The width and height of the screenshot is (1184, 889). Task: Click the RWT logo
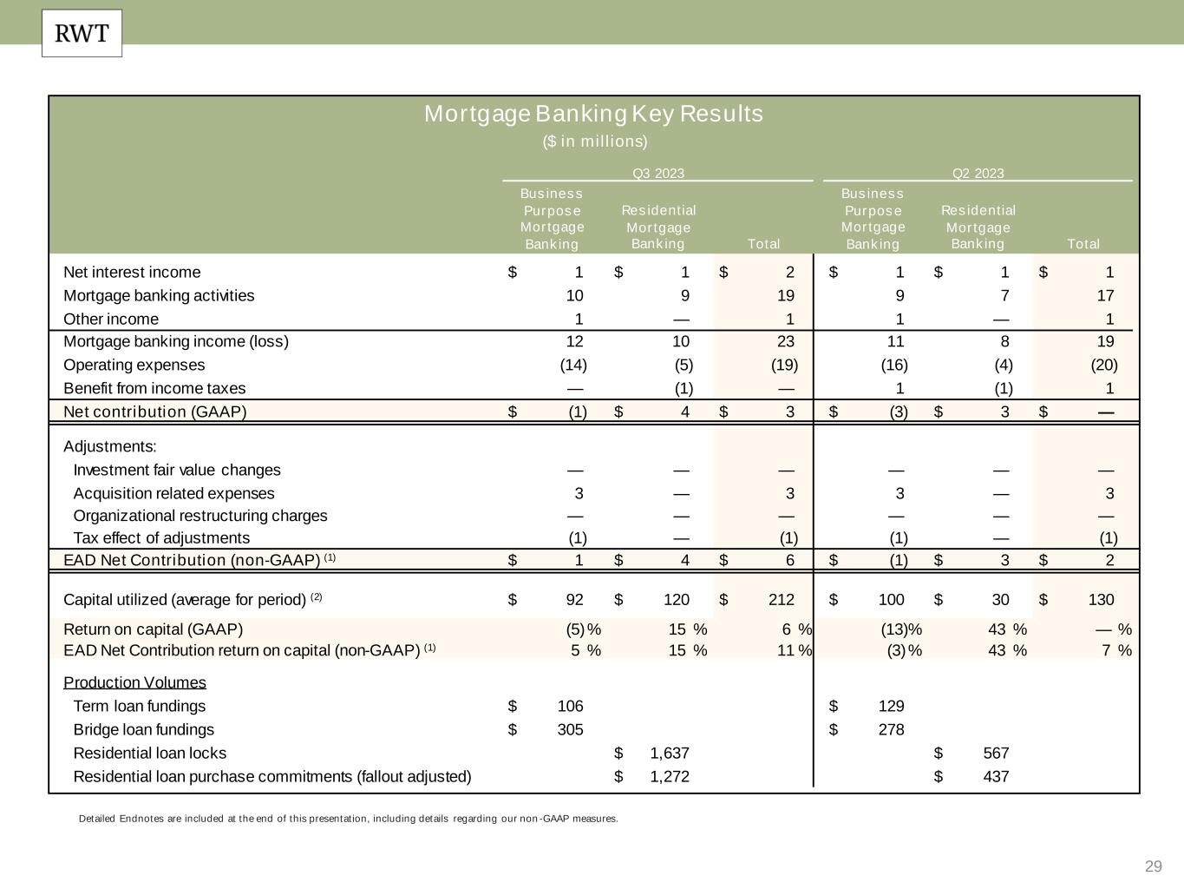pyautogui.click(x=82, y=34)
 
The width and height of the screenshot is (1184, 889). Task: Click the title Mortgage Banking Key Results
pyautogui.click(x=593, y=114)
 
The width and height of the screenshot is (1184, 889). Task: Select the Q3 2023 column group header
pyautogui.click(x=657, y=173)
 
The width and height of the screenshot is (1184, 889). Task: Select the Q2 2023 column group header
pyautogui.click(x=978, y=173)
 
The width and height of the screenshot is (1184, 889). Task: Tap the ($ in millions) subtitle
pyautogui.click(x=595, y=141)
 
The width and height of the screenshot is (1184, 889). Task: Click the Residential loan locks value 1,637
pyautogui.click(x=669, y=753)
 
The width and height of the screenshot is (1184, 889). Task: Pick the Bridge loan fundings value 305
pyautogui.click(x=569, y=729)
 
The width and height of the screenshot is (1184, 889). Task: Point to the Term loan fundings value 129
pyautogui.click(x=891, y=706)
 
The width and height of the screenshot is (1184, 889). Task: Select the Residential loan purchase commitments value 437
pyautogui.click(x=995, y=776)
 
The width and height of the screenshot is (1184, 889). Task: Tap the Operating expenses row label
pyautogui.click(x=134, y=365)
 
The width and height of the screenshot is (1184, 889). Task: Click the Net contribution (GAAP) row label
pyautogui.click(x=155, y=412)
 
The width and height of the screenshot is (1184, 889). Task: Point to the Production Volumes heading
pyautogui.click(x=134, y=682)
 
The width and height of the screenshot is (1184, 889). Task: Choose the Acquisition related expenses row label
pyautogui.click(x=173, y=493)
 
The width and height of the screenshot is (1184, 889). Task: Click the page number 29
pyautogui.click(x=1153, y=866)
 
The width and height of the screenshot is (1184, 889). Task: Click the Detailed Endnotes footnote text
pyautogui.click(x=348, y=818)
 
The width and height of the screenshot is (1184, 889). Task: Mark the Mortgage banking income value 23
pyautogui.click(x=784, y=341)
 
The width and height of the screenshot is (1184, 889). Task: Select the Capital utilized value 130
pyautogui.click(x=1100, y=599)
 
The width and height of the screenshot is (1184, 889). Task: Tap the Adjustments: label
pyautogui.click(x=110, y=446)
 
